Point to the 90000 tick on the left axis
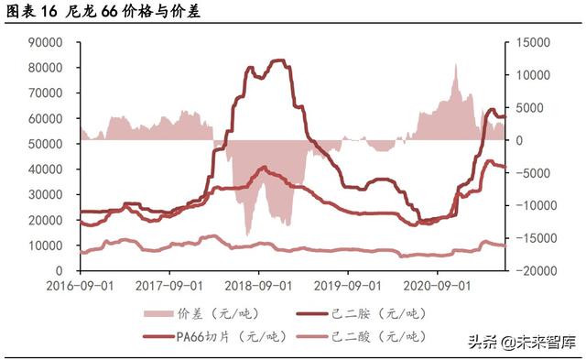point(44,42)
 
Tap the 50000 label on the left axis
point(44,144)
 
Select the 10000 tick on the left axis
point(44,245)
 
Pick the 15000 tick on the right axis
point(528,42)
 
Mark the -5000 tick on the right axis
point(528,173)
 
